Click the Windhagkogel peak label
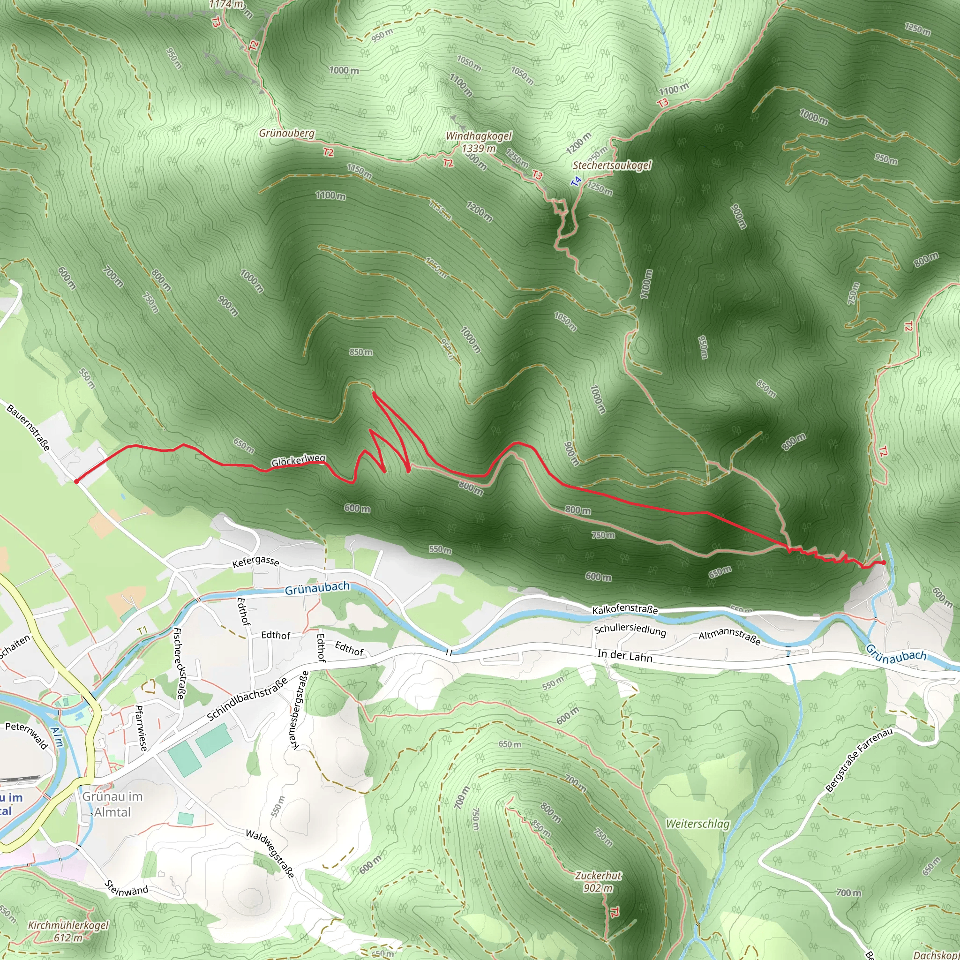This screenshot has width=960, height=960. click(478, 136)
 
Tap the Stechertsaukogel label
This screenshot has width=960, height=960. click(612, 165)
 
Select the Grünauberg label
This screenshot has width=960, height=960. click(287, 133)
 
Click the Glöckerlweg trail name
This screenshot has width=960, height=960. click(298, 461)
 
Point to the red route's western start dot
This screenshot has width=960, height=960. click(76, 481)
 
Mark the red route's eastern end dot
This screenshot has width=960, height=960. click(883, 562)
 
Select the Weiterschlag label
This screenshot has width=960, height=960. click(697, 823)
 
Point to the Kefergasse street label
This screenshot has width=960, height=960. click(255, 562)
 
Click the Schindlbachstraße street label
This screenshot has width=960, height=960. click(247, 698)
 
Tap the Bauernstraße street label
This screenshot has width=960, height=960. click(28, 427)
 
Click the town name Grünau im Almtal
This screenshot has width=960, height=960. click(112, 804)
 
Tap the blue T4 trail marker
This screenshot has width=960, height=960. click(576, 181)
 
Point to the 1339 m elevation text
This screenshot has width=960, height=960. click(478, 148)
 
